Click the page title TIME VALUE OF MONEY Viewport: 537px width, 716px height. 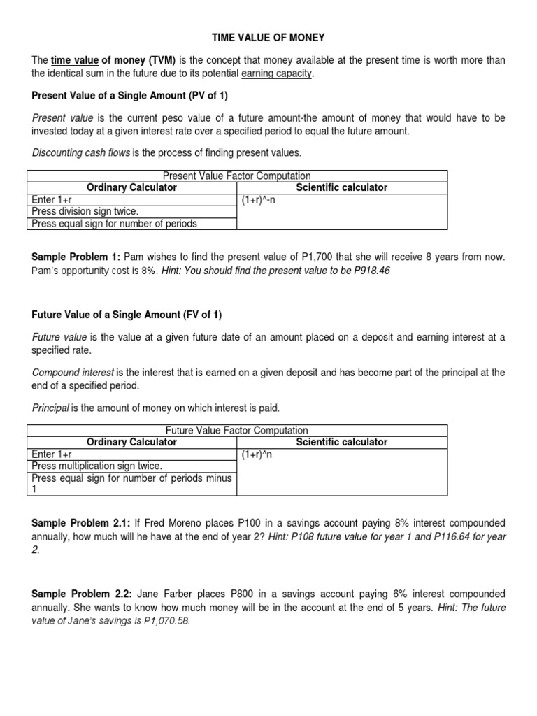tap(268, 37)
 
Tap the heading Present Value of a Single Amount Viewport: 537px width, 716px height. tap(130, 96)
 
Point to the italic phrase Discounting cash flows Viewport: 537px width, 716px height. tap(81, 153)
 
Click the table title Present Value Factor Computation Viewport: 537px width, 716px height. tap(236, 176)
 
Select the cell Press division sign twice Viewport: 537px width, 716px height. tap(85, 212)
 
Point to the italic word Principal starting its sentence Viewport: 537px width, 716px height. tap(50, 408)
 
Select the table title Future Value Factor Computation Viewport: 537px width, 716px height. tap(236, 431)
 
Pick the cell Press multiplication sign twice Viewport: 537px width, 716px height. tap(97, 466)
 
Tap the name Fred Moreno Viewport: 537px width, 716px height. tap(162, 524)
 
